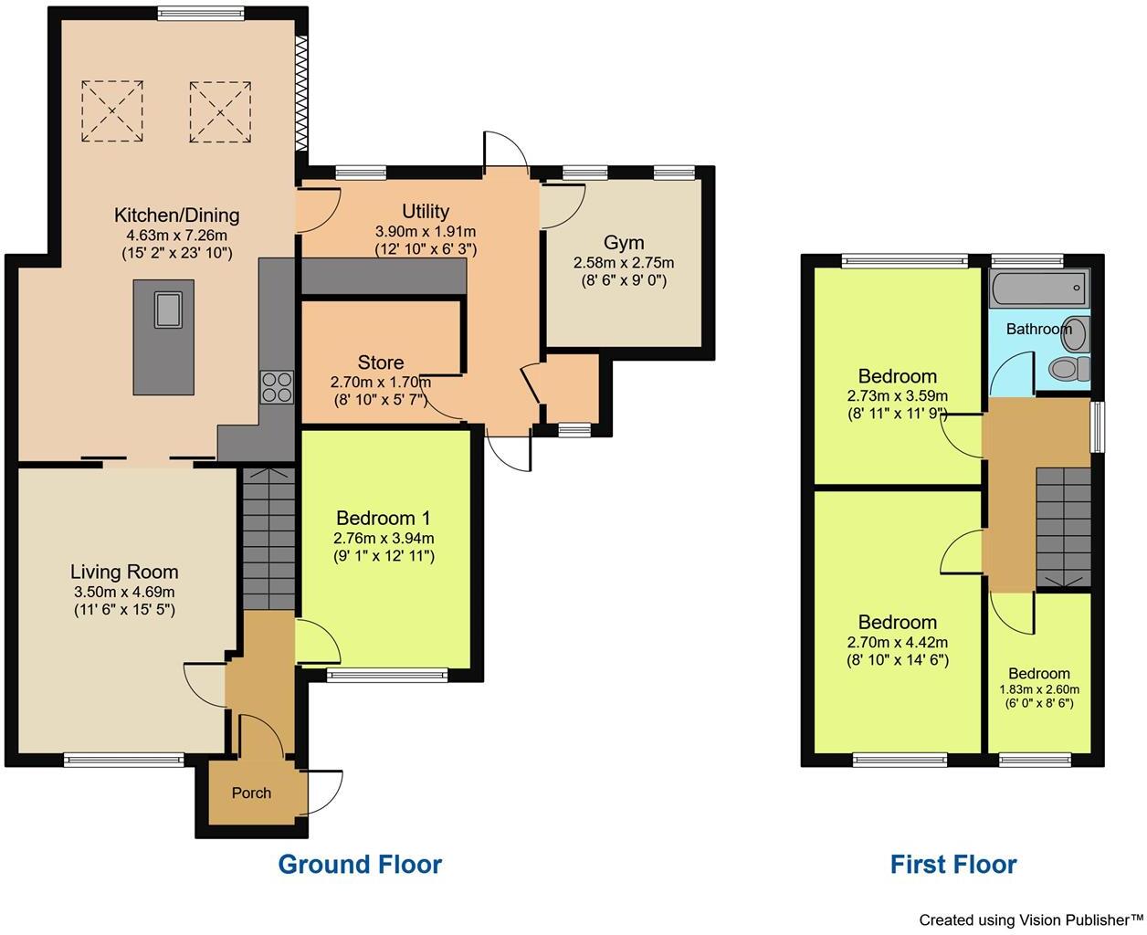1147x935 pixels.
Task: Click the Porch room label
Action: click(251, 793)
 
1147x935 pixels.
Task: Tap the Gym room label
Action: click(624, 243)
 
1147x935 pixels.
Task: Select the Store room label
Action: click(380, 362)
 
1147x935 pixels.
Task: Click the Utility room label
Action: click(426, 213)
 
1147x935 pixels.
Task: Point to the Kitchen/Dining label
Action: click(176, 215)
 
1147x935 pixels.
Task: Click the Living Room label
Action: click(124, 573)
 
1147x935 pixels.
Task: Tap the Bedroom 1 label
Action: click(384, 519)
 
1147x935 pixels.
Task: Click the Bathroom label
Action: click(1037, 329)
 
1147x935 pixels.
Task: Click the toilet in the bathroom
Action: click(1068, 369)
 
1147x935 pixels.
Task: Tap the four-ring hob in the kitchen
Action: click(277, 387)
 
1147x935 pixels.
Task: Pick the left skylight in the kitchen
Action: click(112, 111)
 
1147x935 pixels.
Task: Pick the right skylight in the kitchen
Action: click(220, 111)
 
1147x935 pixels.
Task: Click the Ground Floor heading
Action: click(360, 865)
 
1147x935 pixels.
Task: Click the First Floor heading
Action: click(953, 865)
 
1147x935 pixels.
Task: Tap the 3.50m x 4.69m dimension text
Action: click(124, 593)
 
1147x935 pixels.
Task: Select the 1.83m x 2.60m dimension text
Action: click(1039, 689)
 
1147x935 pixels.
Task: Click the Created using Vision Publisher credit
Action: click(1030, 919)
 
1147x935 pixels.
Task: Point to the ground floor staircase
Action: click(268, 539)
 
